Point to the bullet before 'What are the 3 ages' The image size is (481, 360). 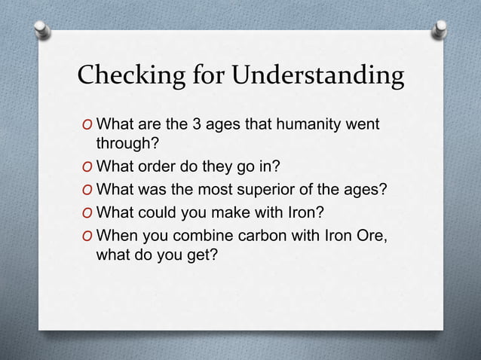(87, 124)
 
